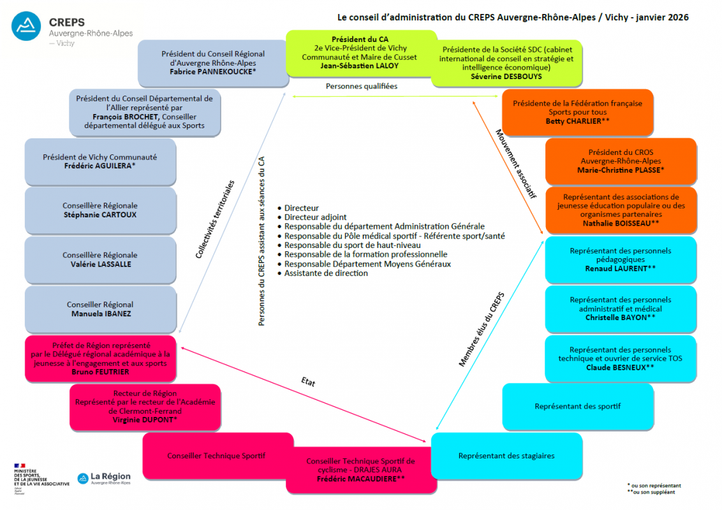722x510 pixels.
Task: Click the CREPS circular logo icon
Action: click(x=27, y=27)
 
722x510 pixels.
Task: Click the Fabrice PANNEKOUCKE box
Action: click(x=213, y=63)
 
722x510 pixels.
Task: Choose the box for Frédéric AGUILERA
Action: click(x=100, y=162)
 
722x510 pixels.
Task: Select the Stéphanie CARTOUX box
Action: click(x=100, y=210)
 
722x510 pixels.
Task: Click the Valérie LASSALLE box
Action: click(x=100, y=259)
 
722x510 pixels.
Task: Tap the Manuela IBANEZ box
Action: click(x=100, y=309)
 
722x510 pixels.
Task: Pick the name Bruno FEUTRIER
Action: click(x=100, y=372)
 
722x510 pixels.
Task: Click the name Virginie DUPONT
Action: click(x=145, y=420)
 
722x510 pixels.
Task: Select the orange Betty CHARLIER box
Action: click(x=577, y=112)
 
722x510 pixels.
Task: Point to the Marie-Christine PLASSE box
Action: click(x=621, y=161)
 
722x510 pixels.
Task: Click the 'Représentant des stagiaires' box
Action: click(x=506, y=456)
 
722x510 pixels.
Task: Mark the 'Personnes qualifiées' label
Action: click(x=361, y=86)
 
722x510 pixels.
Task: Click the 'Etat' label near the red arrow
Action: click(x=308, y=383)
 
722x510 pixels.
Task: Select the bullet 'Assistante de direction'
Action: click(x=326, y=273)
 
